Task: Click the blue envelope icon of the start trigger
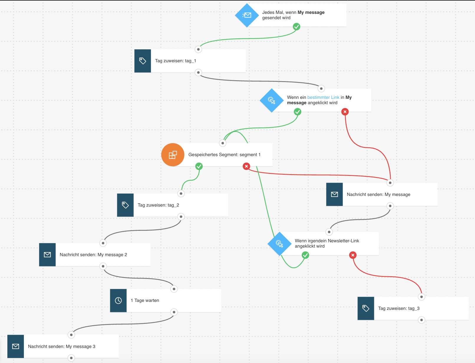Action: point(247,15)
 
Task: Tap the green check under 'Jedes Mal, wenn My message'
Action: point(296,27)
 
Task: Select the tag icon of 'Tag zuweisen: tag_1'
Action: point(143,61)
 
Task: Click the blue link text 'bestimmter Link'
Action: point(323,97)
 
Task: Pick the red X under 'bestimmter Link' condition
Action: point(345,112)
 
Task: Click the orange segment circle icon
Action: point(173,155)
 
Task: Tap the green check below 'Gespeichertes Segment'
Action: point(199,166)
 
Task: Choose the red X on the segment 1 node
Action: point(246,166)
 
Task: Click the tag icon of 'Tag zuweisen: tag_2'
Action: point(125,205)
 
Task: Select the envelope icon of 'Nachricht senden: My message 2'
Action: point(47,255)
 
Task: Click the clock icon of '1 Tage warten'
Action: point(118,300)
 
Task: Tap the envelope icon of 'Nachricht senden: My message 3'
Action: point(16,346)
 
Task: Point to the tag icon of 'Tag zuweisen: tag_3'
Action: point(366,308)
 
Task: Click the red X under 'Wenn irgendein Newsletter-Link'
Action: point(353,255)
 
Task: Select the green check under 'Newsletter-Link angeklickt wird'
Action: point(305,255)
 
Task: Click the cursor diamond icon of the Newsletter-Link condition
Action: point(279,243)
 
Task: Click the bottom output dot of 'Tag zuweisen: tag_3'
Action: point(421,320)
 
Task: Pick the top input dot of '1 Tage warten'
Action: point(174,289)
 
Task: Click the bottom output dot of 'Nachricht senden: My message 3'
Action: point(71,358)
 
